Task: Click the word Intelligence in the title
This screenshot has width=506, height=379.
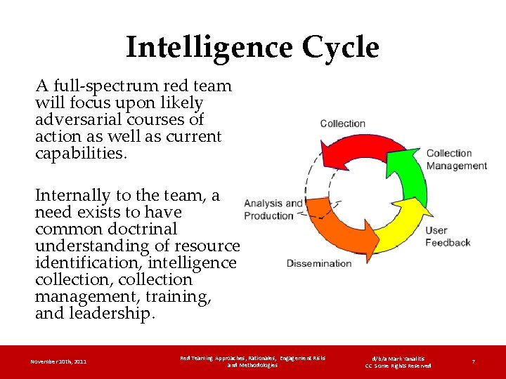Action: [x=209, y=48]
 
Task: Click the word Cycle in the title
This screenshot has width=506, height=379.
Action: [x=340, y=48]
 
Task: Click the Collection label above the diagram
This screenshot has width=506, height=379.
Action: [x=342, y=124]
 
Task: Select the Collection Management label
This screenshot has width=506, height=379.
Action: [x=456, y=159]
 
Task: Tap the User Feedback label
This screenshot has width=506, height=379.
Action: [x=448, y=236]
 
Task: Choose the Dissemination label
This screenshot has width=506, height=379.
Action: [x=319, y=263]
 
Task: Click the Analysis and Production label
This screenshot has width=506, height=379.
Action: [x=273, y=209]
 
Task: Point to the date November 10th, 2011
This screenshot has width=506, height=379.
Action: [x=59, y=361]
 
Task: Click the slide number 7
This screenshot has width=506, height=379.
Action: [x=474, y=361]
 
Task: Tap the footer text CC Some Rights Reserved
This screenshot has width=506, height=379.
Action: [x=398, y=366]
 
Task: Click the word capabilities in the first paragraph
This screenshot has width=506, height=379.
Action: [x=80, y=154]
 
